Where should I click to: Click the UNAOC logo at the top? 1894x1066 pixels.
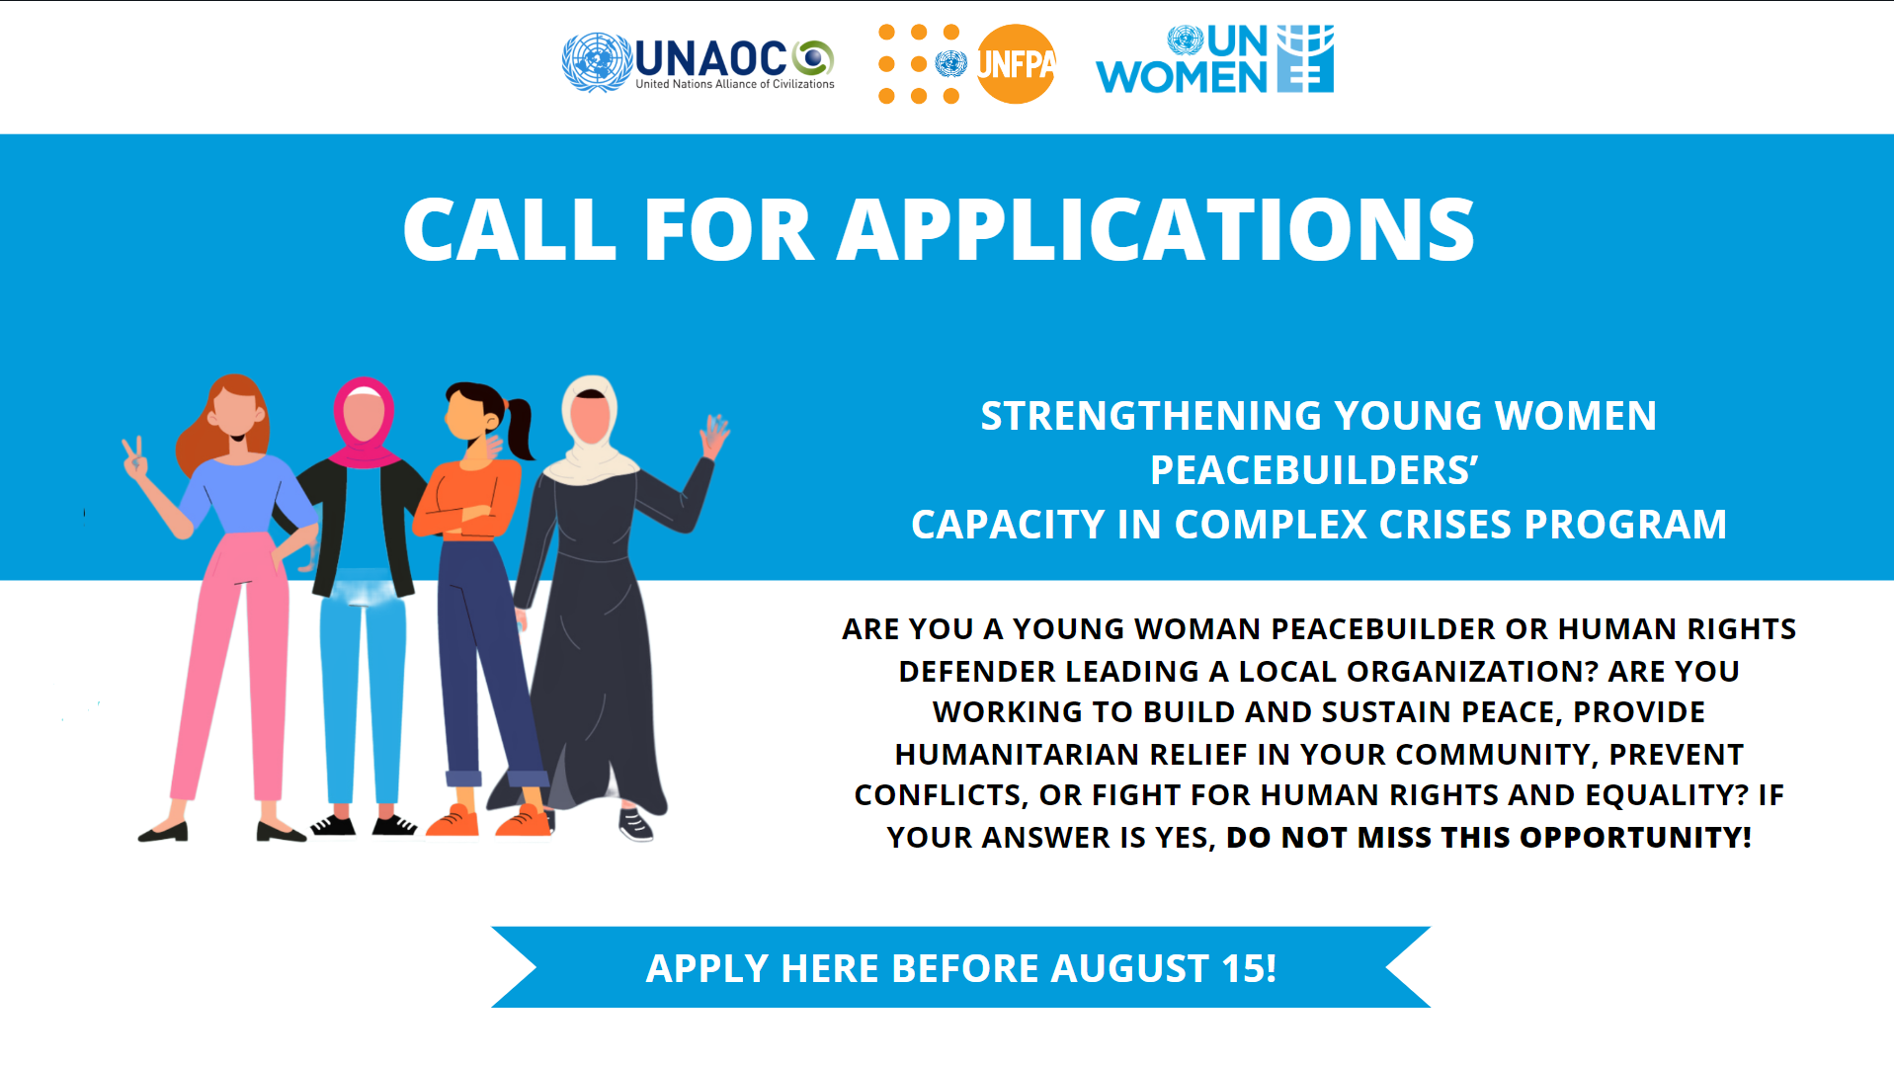pos(698,62)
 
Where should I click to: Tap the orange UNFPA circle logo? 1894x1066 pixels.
pos(1016,64)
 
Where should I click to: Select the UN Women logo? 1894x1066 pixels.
pos(1214,59)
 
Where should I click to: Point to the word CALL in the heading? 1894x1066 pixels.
pos(510,229)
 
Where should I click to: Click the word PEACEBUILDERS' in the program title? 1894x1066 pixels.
pos(1314,470)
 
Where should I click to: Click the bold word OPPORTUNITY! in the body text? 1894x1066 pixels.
pos(1635,837)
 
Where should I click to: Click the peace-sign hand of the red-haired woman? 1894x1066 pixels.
pos(135,457)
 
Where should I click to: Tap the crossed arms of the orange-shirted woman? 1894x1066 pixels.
pos(462,518)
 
